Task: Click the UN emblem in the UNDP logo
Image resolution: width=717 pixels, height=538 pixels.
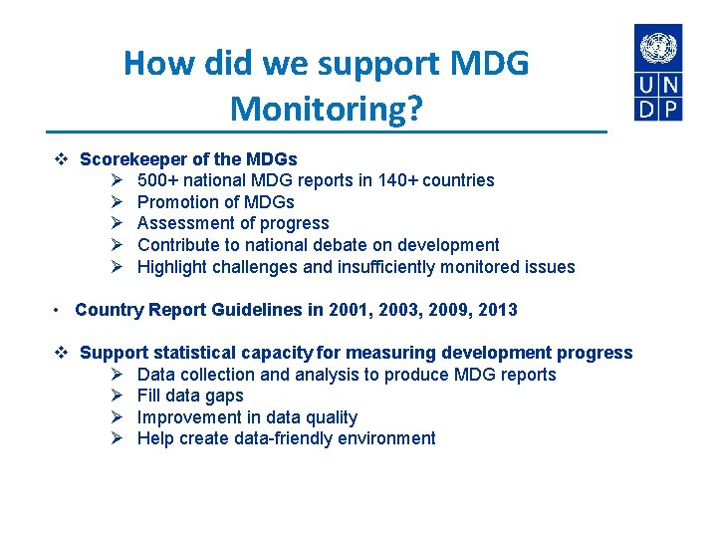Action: coord(658,48)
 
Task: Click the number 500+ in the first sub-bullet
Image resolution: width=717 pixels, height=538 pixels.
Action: coord(157,180)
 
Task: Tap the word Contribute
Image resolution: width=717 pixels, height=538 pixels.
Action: coord(179,245)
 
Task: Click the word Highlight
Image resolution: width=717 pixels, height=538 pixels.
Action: coord(173,267)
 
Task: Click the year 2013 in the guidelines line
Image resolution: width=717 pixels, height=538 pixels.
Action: coord(497,310)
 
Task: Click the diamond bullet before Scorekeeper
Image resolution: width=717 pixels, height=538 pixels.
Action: coord(60,159)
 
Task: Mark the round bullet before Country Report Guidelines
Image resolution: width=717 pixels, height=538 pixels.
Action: coord(59,310)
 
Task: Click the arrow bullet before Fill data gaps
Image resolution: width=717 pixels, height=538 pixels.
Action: coord(116,397)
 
